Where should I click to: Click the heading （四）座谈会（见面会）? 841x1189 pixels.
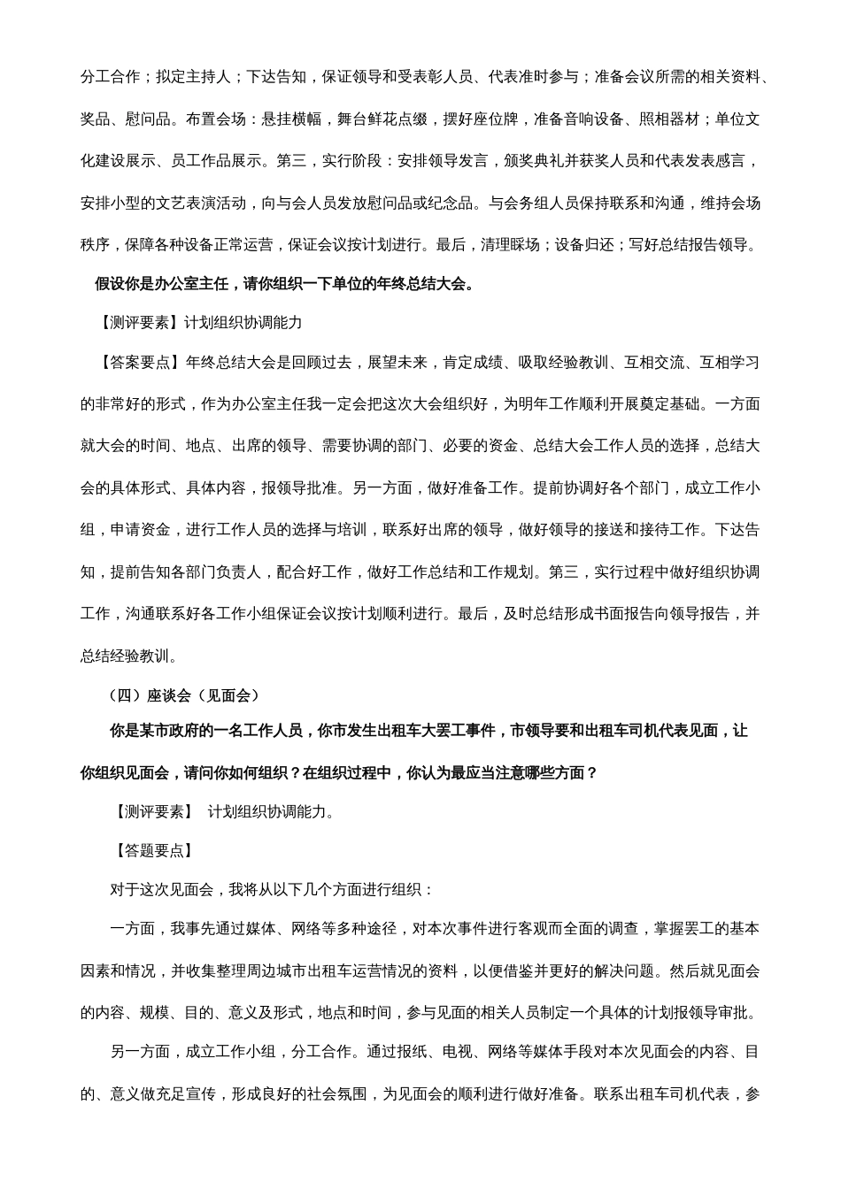click(x=185, y=695)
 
